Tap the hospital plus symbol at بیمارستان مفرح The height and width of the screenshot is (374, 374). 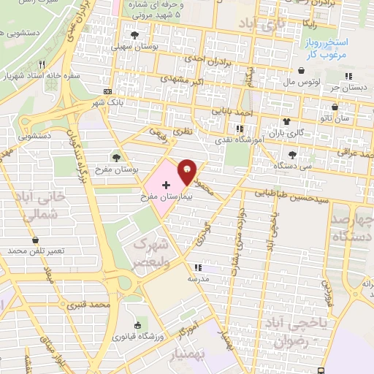[166, 186]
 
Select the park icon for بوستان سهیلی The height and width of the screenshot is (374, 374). [134, 35]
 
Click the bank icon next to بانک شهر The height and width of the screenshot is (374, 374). [108, 92]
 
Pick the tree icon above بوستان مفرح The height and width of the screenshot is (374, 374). [115, 157]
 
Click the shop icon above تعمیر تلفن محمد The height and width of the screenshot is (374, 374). [36, 240]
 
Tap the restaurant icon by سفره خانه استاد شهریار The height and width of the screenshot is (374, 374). [42, 64]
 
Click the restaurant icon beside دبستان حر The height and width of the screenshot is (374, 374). [349, 75]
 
